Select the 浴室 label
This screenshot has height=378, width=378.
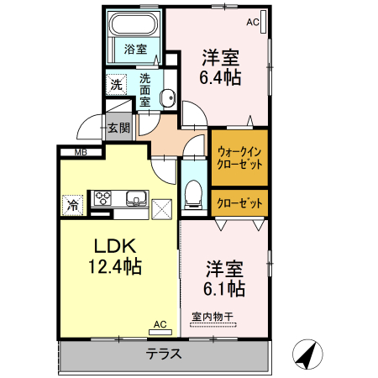[136, 50]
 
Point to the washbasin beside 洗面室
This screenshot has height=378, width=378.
[167, 96]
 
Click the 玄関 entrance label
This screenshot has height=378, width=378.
[118, 128]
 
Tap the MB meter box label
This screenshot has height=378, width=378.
[81, 152]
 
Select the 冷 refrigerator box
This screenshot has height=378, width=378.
[73, 204]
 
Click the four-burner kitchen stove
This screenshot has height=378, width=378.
[103, 199]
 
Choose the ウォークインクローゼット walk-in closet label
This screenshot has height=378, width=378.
[239, 157]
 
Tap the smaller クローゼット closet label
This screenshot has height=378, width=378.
[239, 202]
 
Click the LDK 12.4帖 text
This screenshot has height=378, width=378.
[115, 258]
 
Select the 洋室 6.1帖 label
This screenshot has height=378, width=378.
[225, 279]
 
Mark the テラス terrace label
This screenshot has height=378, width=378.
[164, 354]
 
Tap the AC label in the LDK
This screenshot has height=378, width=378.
[160, 323]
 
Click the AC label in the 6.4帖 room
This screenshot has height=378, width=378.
[252, 23]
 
